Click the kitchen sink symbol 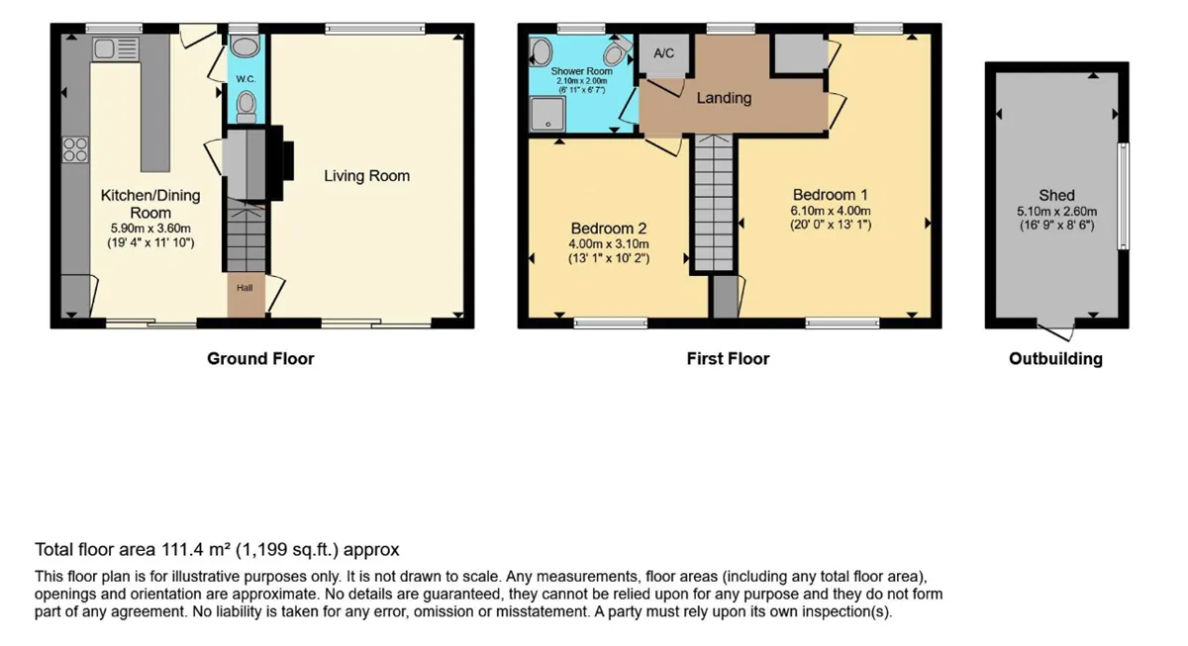click(x=116, y=49)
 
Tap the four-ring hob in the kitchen click(x=75, y=149)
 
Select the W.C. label click(x=247, y=79)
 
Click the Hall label click(x=245, y=288)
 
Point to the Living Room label click(x=367, y=176)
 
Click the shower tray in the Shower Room click(x=547, y=114)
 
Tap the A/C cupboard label click(x=663, y=53)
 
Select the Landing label click(x=724, y=98)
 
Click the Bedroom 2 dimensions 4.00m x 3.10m click(x=609, y=244)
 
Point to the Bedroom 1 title click(x=831, y=195)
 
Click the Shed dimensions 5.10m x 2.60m click(x=1057, y=212)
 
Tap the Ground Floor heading click(x=260, y=359)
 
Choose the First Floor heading click(x=728, y=359)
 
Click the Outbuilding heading click(x=1055, y=359)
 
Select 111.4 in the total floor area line click(x=182, y=550)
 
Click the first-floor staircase click(x=714, y=203)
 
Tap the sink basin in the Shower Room click(x=541, y=51)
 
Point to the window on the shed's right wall click(x=1124, y=196)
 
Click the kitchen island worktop click(x=155, y=103)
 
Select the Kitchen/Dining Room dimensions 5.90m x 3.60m click(x=150, y=229)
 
